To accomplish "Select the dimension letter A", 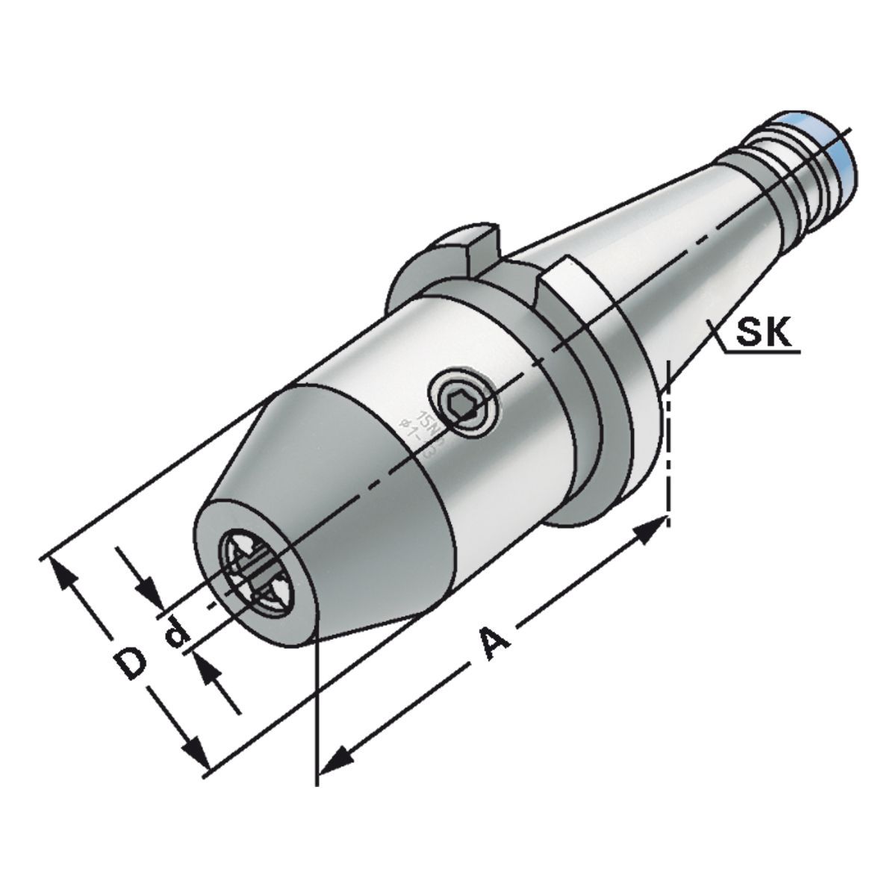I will pos(494,643).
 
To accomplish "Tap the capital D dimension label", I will pos(131,663).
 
